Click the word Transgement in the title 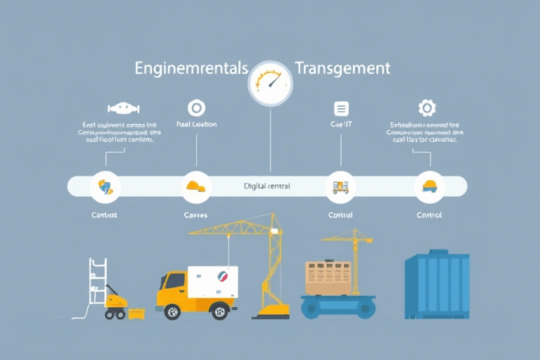point(342,69)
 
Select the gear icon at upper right point(426,108)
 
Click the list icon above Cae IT point(341,108)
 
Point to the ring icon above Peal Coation point(196,108)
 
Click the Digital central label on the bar point(267,186)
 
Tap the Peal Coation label point(196,124)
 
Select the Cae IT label point(341,124)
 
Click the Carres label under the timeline point(196,215)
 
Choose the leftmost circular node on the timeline point(105,186)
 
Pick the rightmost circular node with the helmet point(429,186)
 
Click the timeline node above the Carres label point(196,186)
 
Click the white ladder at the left point(97,281)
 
